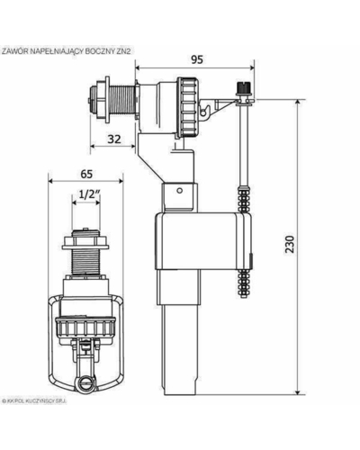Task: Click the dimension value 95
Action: (x=197, y=59)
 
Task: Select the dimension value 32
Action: (x=114, y=139)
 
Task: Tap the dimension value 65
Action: (x=86, y=174)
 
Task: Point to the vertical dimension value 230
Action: (x=290, y=245)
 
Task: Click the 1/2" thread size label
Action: (x=85, y=194)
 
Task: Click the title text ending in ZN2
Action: (x=67, y=51)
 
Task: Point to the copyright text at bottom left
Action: (x=34, y=400)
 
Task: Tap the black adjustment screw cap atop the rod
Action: (x=242, y=87)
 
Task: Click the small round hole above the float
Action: (x=180, y=191)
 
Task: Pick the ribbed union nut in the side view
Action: (x=187, y=107)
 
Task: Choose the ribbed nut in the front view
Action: (x=85, y=329)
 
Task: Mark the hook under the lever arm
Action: (x=205, y=112)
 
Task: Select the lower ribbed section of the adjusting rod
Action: (x=246, y=283)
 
